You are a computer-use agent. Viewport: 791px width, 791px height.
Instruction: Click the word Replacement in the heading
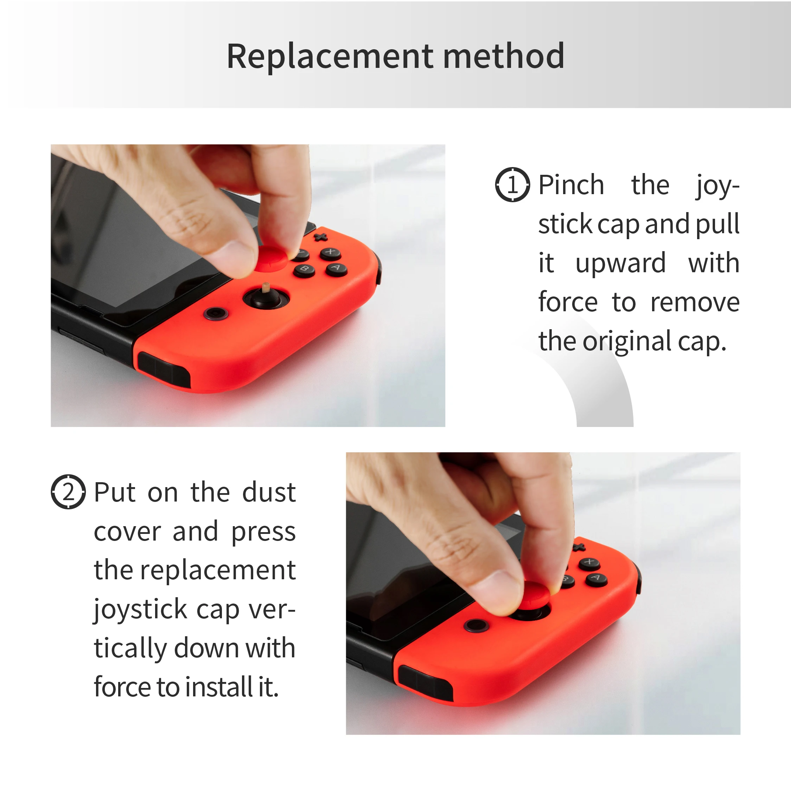330,57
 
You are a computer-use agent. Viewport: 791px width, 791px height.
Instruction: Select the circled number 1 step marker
512,184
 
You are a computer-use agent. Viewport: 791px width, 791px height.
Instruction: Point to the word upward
620,264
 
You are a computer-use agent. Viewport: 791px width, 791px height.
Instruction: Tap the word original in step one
627,342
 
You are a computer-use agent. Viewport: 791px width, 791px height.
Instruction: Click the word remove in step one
695,303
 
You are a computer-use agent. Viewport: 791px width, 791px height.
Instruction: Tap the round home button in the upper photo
216,314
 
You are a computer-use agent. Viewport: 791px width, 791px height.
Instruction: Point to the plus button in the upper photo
320,237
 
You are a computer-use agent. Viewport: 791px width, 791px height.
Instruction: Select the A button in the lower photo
596,579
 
